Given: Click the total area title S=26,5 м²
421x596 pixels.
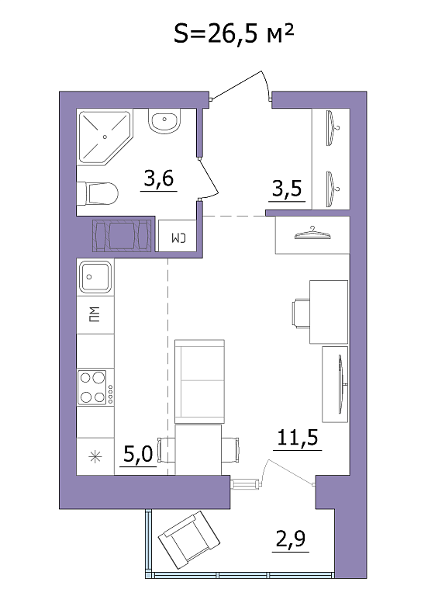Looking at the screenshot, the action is click(234, 33).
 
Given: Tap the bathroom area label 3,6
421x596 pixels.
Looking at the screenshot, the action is click(159, 178).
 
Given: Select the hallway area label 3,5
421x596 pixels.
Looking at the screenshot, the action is click(287, 188).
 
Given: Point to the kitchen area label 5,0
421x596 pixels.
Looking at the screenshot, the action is click(138, 453).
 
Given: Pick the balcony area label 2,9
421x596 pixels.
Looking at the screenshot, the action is click(291, 539).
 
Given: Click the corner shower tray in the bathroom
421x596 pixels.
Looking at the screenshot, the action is click(104, 137).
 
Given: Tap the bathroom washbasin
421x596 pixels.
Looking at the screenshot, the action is click(164, 121).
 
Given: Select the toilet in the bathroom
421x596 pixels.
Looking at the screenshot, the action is click(98, 193).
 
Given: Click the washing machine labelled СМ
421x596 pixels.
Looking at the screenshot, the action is click(178, 236).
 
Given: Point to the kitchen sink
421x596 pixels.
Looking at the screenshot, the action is click(95, 276).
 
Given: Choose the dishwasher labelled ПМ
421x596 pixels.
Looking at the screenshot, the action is click(95, 315).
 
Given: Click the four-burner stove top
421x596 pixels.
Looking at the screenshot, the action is click(95, 388).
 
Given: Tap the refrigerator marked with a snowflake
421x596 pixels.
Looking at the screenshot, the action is click(95, 456).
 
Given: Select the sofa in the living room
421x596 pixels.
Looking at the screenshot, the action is click(200, 382).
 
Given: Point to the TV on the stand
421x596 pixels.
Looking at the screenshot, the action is click(342, 384).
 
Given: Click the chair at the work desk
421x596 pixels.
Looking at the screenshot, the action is click(301, 313).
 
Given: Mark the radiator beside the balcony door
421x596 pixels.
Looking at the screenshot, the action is click(245, 484).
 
